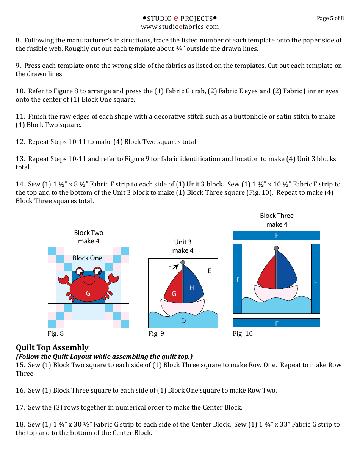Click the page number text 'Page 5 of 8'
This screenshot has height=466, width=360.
click(330, 18)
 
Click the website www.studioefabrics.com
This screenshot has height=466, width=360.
click(180, 27)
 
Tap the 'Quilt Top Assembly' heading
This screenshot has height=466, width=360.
click(52, 347)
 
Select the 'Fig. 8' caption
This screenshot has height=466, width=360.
click(55, 333)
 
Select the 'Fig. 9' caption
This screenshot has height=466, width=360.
click(156, 333)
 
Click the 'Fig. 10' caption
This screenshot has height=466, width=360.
click(243, 333)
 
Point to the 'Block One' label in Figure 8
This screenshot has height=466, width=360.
click(88, 258)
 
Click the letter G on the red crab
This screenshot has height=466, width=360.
click(88, 293)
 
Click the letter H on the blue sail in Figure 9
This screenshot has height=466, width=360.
click(191, 288)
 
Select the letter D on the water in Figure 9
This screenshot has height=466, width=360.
click(183, 321)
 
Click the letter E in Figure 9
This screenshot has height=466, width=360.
click(209, 271)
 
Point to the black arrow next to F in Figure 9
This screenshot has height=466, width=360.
click(175, 268)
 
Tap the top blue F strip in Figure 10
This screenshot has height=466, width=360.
click(276, 235)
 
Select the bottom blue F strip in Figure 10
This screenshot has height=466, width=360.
click(276, 323)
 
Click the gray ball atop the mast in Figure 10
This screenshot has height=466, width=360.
click(276, 248)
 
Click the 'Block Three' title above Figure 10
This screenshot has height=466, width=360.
click(277, 216)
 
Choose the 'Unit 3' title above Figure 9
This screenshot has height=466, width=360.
click(183, 242)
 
